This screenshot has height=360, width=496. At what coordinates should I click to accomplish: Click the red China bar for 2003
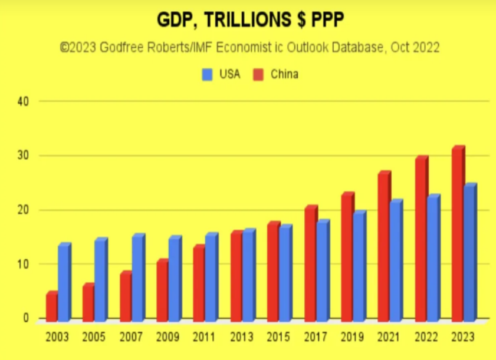pos(51,307)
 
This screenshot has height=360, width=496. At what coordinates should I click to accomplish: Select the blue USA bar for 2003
pos(64,283)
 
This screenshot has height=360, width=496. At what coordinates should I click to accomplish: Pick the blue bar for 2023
pos(469,253)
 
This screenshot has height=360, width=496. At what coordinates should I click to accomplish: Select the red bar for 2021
pos(383,247)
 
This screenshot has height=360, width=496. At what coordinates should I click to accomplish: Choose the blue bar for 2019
pos(359,266)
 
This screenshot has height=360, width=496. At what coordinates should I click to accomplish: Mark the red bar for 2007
pos(126,297)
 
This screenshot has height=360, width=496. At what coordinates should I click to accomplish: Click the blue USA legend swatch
pos(208,75)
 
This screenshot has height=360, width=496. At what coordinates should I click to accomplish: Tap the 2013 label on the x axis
pos(241,338)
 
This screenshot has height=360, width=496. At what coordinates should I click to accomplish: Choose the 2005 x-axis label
pos(94,338)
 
